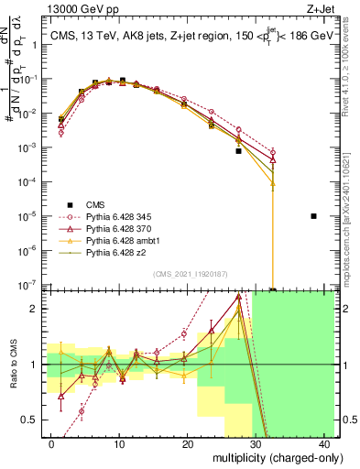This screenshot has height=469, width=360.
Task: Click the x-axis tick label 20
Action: (188, 443)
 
